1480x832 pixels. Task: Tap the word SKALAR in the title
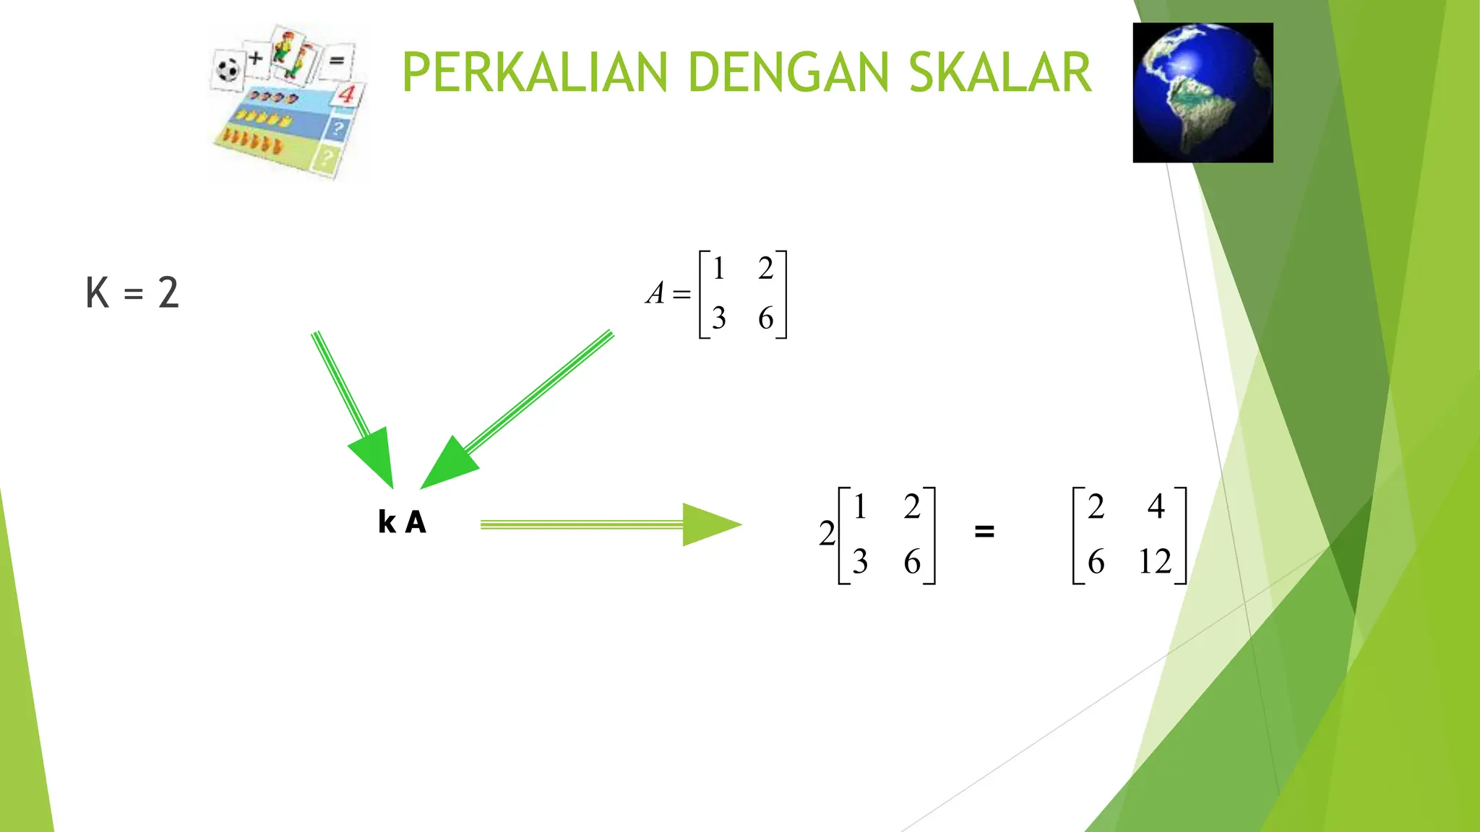click(999, 73)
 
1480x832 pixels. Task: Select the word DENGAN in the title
click(788, 73)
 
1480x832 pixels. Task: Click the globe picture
click(1202, 92)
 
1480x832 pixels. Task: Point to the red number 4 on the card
click(347, 94)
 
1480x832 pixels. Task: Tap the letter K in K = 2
click(98, 293)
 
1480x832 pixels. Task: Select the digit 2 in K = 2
click(168, 293)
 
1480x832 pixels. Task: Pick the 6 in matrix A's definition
click(766, 318)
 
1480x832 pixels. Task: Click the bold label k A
click(402, 522)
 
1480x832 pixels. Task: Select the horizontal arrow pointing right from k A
click(611, 525)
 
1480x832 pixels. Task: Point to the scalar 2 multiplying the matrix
click(827, 534)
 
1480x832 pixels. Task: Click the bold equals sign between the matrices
click(984, 532)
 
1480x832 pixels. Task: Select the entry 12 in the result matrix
click(1154, 562)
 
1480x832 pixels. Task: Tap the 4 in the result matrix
click(1156, 506)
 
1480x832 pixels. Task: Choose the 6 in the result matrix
click(1096, 562)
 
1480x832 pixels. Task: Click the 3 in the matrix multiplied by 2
click(860, 562)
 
